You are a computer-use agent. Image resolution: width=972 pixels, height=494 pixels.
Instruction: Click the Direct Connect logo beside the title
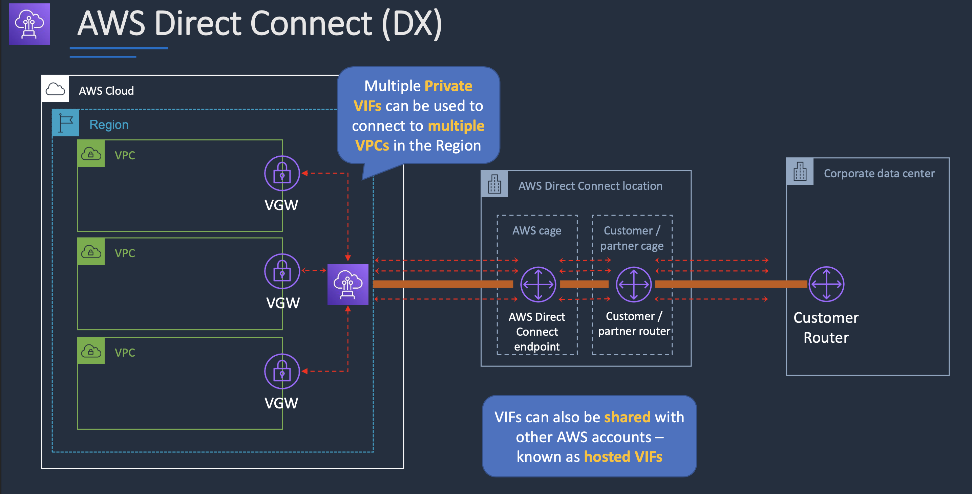(29, 24)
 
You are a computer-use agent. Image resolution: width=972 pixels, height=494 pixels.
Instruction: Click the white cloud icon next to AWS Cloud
(55, 89)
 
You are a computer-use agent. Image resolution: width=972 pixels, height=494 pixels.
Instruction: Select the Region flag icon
(66, 123)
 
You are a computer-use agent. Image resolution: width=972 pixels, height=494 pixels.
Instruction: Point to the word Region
(109, 125)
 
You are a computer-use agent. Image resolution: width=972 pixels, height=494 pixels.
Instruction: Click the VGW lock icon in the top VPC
(282, 174)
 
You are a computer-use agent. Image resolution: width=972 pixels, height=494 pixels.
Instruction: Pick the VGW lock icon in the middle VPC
(282, 271)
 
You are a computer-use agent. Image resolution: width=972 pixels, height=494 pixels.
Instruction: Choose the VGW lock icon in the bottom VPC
(282, 371)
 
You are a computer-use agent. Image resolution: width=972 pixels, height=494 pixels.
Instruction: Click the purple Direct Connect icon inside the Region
(347, 284)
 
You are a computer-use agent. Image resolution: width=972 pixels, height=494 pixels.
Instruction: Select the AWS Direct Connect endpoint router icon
(538, 284)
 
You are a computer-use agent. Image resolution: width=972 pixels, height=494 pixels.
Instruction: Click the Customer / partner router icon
(634, 284)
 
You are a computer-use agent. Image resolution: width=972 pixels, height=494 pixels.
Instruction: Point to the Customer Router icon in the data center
(826, 284)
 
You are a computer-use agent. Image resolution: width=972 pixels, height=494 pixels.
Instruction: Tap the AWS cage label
(536, 230)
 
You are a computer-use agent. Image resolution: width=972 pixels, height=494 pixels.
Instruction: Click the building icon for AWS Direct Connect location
(494, 184)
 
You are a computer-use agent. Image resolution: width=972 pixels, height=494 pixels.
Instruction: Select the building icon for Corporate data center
(800, 172)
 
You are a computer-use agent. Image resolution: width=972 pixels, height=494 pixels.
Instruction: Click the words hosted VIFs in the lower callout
(623, 457)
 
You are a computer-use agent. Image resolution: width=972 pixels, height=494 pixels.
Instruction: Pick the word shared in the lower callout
(627, 417)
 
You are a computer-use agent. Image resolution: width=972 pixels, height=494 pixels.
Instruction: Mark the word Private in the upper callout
(448, 86)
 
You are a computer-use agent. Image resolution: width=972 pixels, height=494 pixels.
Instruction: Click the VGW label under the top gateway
(281, 205)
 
